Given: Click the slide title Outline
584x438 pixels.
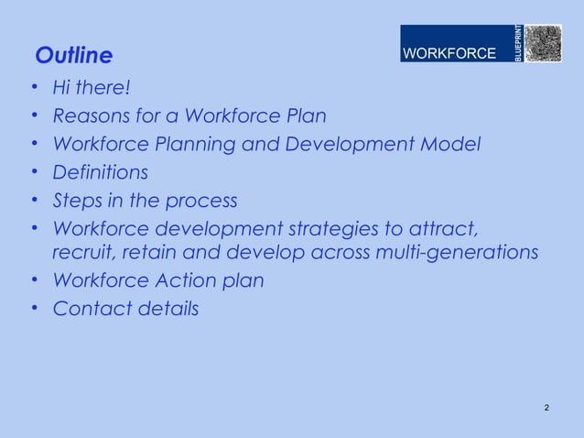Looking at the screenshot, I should coord(73,57).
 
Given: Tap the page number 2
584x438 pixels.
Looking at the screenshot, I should coord(546,407).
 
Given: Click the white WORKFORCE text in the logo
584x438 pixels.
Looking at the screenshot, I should coord(449,54).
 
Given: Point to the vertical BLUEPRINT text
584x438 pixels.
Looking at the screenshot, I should coord(517,44).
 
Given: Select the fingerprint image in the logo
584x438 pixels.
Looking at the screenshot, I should coord(542,43).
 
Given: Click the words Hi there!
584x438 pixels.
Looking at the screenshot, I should coord(92,89).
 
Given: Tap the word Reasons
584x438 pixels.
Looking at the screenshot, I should coord(90,116).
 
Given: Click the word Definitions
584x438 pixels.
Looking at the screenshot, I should coord(100,172).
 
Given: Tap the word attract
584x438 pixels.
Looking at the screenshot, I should coord(449,228).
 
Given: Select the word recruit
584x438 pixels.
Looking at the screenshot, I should coord(81,252).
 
